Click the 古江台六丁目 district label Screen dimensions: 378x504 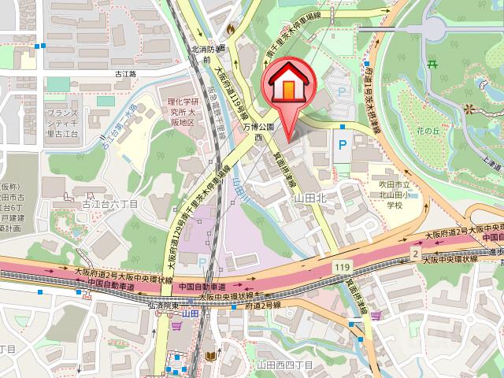[109, 203]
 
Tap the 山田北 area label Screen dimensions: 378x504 [309, 201]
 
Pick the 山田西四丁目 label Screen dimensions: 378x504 [283, 365]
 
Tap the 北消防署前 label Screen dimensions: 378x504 [209, 54]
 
